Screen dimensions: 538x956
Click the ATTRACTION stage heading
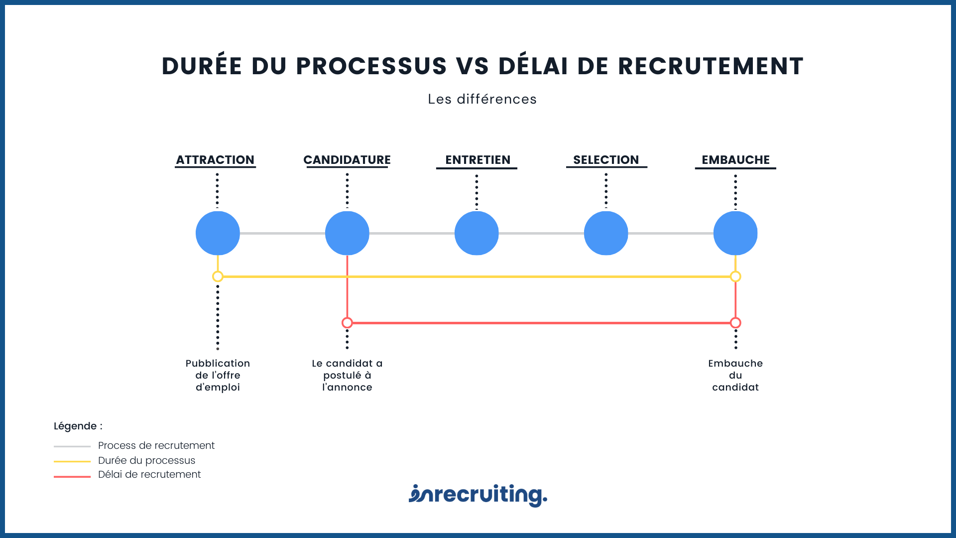tap(215, 160)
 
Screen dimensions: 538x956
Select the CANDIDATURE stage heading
tap(347, 160)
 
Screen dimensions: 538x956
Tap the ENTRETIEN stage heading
tap(478, 160)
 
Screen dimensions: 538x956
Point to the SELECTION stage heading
tap(606, 160)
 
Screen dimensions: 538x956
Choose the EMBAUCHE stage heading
tap(735, 160)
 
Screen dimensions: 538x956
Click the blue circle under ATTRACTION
tap(218, 233)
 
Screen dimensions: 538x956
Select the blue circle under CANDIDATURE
tap(347, 233)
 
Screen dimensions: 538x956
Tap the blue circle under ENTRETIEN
tap(477, 233)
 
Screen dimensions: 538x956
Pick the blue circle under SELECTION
tap(606, 233)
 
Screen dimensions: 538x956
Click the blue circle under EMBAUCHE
tap(735, 233)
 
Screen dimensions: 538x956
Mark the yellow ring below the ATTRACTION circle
tap(218, 276)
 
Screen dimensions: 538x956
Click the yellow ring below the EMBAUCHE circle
tap(735, 276)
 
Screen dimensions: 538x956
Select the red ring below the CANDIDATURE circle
tap(347, 323)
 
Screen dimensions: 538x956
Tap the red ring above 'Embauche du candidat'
tap(735, 323)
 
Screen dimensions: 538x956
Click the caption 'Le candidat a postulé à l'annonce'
tap(347, 375)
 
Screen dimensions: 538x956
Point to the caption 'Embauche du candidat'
tap(735, 375)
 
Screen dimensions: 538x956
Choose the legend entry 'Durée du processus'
tap(146, 460)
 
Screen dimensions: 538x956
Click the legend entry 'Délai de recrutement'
tap(149, 475)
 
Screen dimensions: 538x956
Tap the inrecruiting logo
tap(478, 495)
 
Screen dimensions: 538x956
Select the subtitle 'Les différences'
tap(482, 99)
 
